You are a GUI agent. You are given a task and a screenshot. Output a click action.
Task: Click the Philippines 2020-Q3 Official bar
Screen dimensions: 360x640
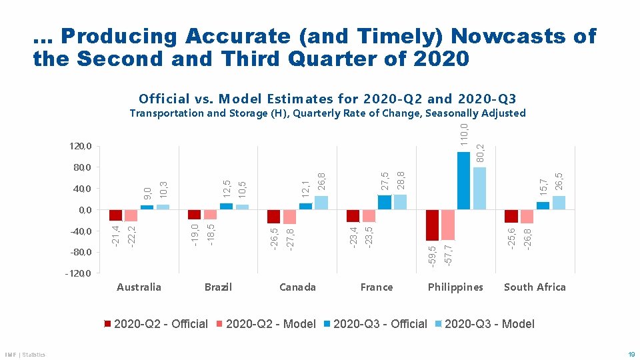(x=463, y=181)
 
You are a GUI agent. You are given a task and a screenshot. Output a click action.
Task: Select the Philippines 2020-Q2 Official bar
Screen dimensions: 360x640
(x=432, y=225)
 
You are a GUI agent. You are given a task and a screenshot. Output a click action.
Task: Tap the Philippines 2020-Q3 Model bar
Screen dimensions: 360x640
(x=479, y=189)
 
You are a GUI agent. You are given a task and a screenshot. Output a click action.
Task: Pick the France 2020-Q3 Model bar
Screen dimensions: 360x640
(x=400, y=202)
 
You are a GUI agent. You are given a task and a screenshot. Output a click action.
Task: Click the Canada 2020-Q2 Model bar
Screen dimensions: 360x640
(x=289, y=217)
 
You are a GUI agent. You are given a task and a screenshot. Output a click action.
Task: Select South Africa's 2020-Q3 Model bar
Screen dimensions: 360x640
(x=559, y=203)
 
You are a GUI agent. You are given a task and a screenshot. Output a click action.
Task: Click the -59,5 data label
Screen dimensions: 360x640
(x=432, y=257)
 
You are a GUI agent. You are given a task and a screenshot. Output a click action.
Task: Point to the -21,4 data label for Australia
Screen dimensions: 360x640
(x=115, y=236)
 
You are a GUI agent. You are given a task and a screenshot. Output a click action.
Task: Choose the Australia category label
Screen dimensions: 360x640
(x=139, y=287)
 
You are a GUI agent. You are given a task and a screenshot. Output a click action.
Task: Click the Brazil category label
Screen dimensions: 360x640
(x=218, y=287)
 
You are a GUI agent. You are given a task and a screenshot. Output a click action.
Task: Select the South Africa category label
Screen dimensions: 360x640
(x=535, y=287)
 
